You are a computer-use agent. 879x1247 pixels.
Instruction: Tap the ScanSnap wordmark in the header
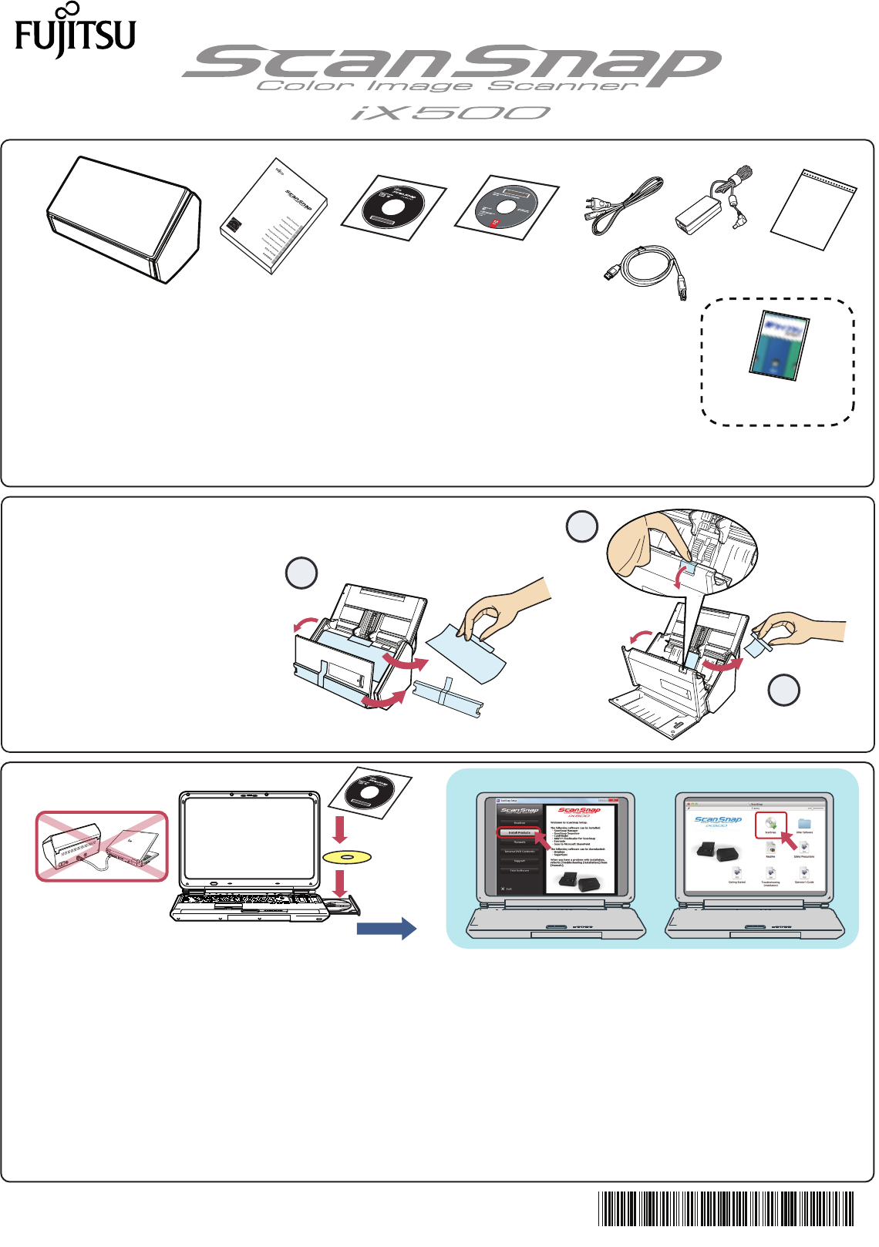(451, 63)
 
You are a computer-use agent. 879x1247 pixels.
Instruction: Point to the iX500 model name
(451, 113)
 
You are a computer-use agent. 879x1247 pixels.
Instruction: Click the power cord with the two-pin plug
(621, 204)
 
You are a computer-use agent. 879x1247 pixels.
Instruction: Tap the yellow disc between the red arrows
(347, 856)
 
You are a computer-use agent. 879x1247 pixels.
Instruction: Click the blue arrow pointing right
(386, 928)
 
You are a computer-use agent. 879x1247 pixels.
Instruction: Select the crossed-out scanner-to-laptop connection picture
(102, 845)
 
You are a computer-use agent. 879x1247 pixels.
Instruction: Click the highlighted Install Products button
(519, 832)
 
